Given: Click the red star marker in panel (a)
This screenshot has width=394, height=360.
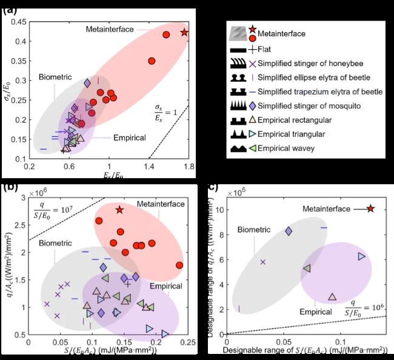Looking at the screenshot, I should pyautogui.click(x=185, y=33).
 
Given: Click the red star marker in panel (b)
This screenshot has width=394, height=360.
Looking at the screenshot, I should pyautogui.click(x=120, y=210).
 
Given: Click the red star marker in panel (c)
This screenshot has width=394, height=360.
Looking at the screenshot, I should pyautogui.click(x=371, y=208).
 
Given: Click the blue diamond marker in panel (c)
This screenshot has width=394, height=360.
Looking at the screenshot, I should pyautogui.click(x=289, y=231).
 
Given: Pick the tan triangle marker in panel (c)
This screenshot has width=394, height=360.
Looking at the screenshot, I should pyautogui.click(x=332, y=297).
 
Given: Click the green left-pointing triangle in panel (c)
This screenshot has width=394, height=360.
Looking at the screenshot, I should pyautogui.click(x=307, y=268).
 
